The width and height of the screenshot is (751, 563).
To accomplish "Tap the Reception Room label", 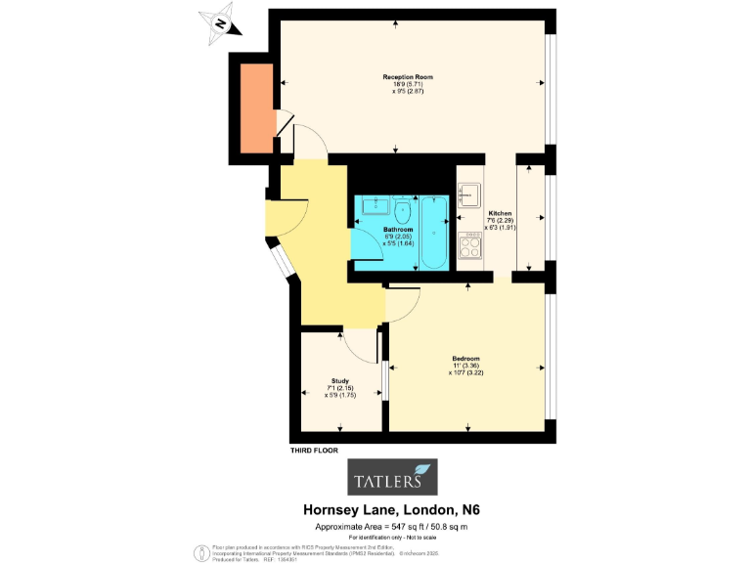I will (408, 76).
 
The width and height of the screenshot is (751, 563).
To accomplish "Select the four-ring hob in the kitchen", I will (470, 247).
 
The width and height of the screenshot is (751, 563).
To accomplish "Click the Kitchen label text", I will (500, 213).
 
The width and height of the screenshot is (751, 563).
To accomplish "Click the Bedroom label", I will (465, 358).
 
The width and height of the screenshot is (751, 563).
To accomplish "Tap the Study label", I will (340, 381).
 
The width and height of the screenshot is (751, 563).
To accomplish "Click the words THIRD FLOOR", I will (314, 451).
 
